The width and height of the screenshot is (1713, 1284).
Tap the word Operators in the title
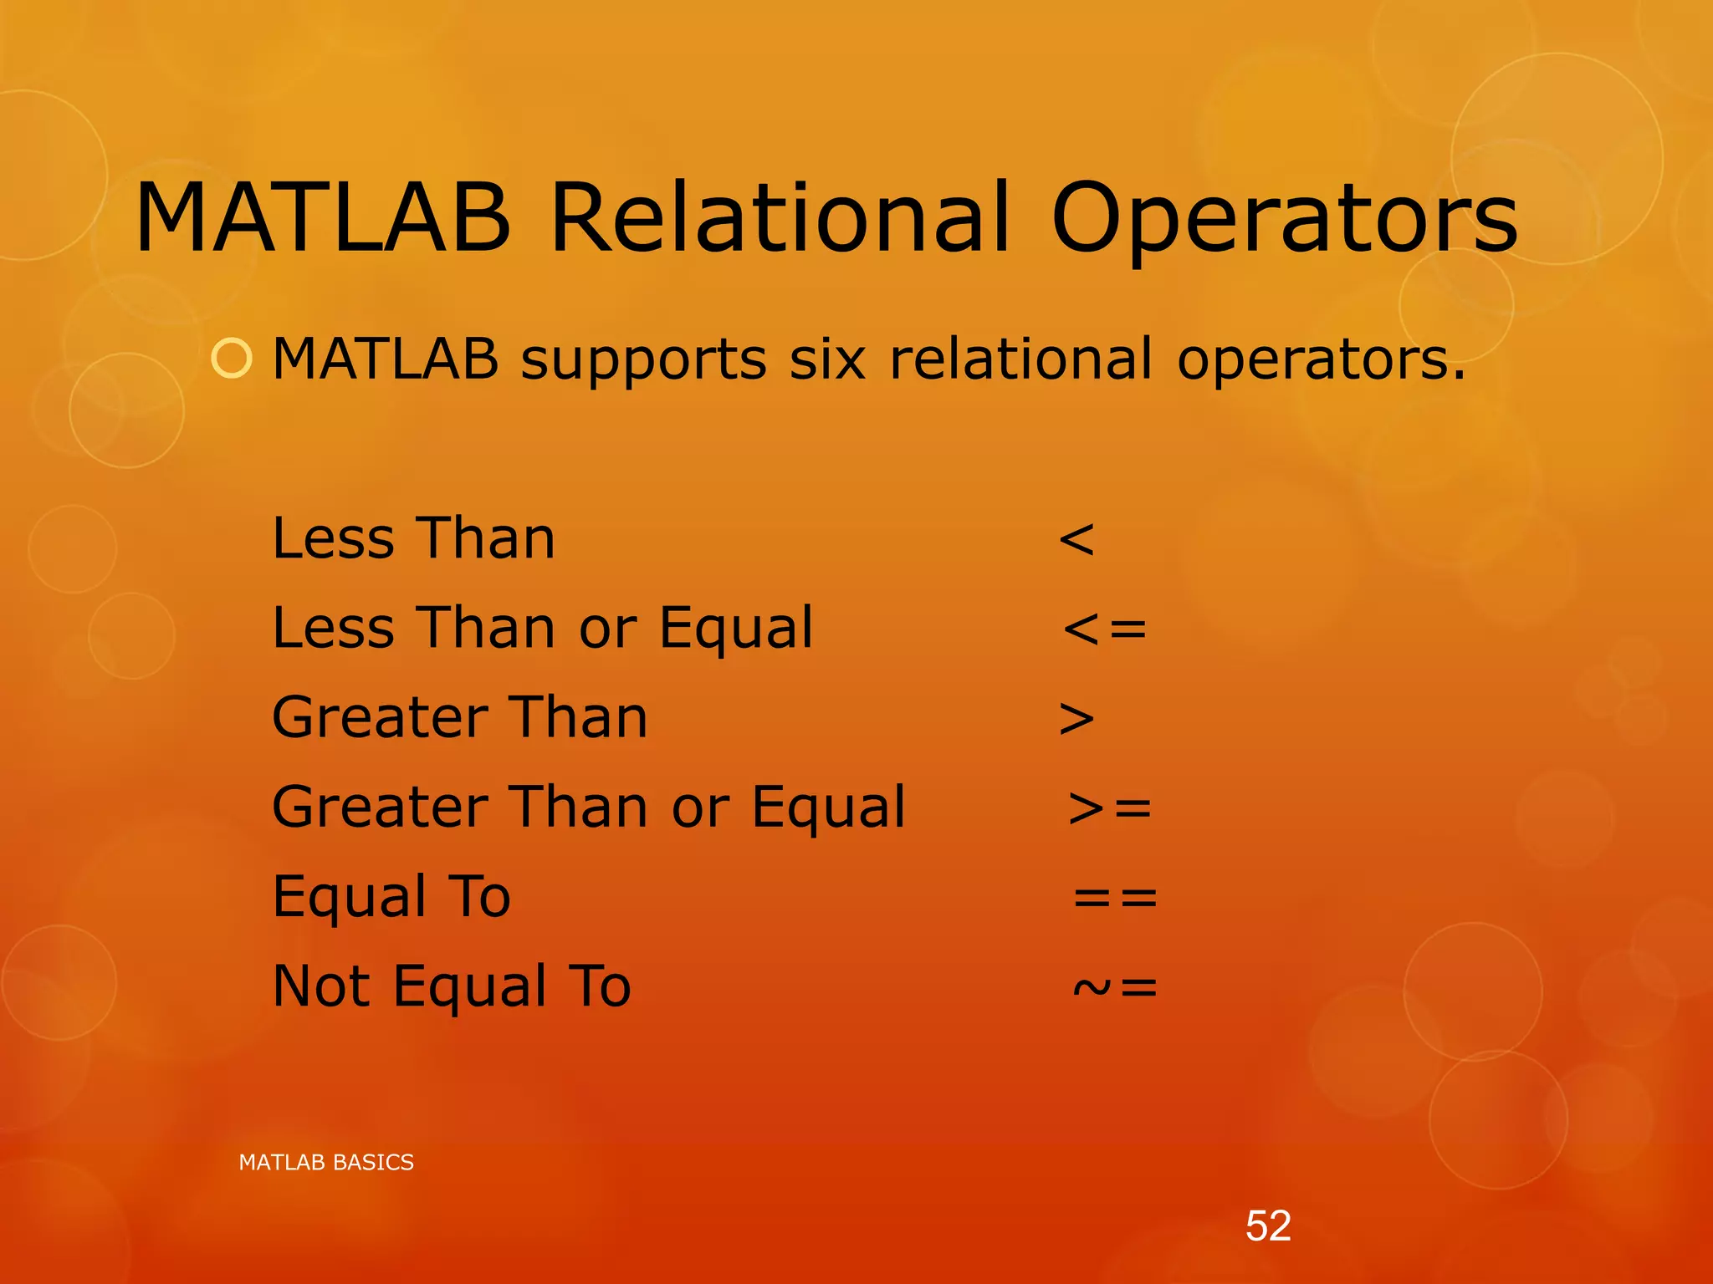click(x=1284, y=219)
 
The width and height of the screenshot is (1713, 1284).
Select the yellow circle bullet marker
click(x=232, y=359)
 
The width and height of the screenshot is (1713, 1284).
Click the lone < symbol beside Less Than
click(x=1076, y=539)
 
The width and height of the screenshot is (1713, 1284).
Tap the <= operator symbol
click(x=1105, y=629)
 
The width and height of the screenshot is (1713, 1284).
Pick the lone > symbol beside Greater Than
click(x=1076, y=719)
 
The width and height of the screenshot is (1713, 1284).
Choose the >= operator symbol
click(x=1110, y=808)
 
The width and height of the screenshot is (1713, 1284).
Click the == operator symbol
click(x=1115, y=898)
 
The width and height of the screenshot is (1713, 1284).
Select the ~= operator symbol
click(x=1115, y=987)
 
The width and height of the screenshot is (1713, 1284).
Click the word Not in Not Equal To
click(x=321, y=986)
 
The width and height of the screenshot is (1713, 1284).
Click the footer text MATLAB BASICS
click(x=326, y=1162)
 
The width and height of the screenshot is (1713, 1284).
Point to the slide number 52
click(x=1268, y=1226)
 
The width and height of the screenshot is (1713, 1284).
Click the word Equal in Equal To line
click(x=350, y=899)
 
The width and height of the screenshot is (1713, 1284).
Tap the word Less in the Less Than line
click(x=333, y=538)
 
